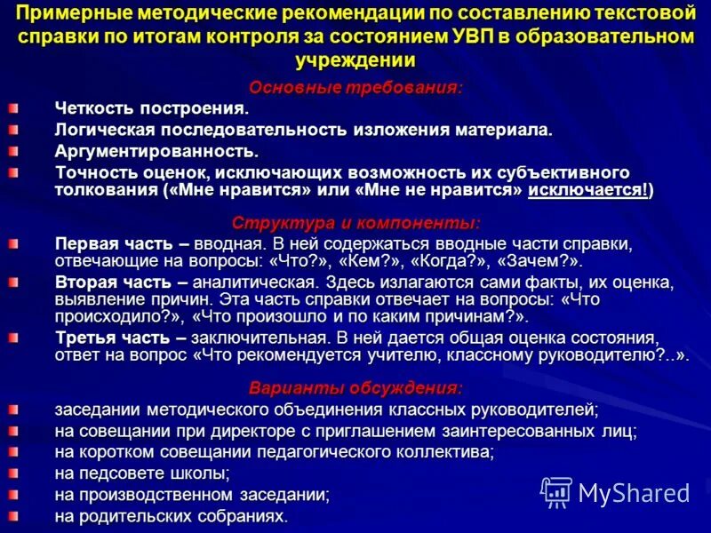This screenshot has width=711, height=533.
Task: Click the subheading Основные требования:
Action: point(355,87)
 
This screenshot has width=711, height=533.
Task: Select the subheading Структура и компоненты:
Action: point(355,222)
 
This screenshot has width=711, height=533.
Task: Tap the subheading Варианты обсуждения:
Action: point(355,387)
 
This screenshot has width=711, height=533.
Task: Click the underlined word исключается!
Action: point(587,191)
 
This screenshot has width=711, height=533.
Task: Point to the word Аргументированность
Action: point(156,151)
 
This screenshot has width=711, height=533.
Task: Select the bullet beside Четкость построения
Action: point(12,108)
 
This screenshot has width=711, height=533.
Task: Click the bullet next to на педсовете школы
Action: point(12,473)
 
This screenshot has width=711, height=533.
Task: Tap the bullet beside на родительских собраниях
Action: point(12,515)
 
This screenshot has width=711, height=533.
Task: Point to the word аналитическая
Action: point(242,282)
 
